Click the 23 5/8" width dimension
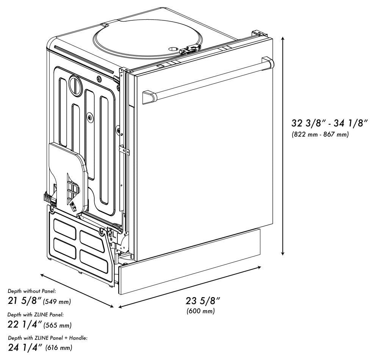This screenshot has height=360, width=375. tap(203, 301)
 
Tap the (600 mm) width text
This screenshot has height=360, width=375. tap(201, 311)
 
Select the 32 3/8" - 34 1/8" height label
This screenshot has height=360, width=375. tap(329, 123)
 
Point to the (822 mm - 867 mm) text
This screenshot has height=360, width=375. tap(320, 135)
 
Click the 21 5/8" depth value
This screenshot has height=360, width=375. tap(25, 301)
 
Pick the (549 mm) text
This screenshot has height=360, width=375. tap(57, 302)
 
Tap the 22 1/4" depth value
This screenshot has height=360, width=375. tap(25, 324)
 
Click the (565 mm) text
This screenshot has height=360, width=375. tap(58, 325)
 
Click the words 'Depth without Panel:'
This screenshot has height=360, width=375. tap(32, 291)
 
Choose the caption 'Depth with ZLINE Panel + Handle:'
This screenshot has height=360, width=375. tap(48, 338)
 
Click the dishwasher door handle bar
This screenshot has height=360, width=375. tap(208, 80)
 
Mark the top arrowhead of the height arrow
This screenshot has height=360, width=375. tap(283, 39)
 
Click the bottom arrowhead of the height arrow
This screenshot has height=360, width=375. tap(283, 253)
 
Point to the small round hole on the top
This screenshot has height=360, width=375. tap(172, 49)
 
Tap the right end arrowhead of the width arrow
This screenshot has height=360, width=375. tap(259, 267)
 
